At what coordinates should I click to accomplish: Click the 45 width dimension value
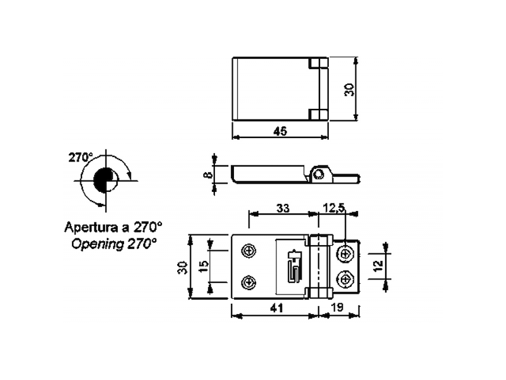[x=280, y=131]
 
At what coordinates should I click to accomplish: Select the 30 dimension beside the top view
[x=349, y=89]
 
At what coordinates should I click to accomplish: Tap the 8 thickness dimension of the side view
[x=207, y=173]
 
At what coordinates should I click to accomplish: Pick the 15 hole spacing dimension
[x=203, y=266]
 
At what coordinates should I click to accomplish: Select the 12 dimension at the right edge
[x=376, y=265]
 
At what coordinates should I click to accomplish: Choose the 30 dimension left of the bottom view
[x=182, y=267]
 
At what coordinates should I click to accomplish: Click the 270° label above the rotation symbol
[x=81, y=157]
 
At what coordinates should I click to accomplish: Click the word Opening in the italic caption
[x=92, y=243]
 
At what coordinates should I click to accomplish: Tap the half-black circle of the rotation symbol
[x=105, y=180]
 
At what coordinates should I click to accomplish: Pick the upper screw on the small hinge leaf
[x=345, y=253]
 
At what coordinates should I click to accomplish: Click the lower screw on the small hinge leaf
[x=345, y=278]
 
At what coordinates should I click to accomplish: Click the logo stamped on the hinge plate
[x=293, y=266]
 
